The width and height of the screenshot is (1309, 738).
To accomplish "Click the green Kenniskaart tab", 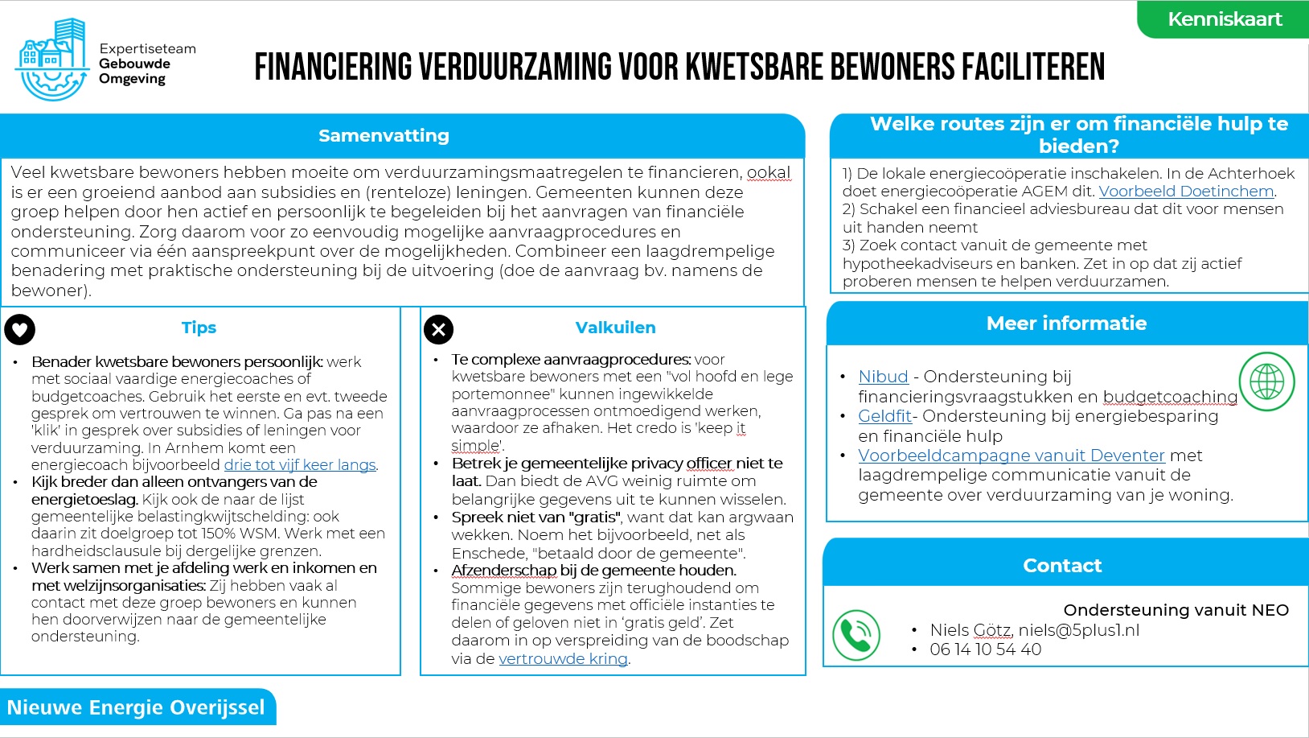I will pyautogui.click(x=1224, y=19).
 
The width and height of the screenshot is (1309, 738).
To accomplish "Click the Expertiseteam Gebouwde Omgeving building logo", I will pyautogui.click(x=52, y=61).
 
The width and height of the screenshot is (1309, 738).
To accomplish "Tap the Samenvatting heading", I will pyautogui.click(x=384, y=135).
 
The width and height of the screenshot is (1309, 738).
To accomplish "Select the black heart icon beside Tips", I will pyautogui.click(x=20, y=328).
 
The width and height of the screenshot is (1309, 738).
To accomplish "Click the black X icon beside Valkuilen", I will pyautogui.click(x=438, y=328).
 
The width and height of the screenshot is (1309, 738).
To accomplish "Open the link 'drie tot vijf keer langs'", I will pyautogui.click(x=300, y=465).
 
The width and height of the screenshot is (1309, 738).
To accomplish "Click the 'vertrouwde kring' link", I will pyautogui.click(x=563, y=659).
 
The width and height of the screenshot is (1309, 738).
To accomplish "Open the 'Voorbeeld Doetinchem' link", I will pyautogui.click(x=1186, y=192).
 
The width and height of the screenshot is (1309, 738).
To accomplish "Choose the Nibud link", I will pyautogui.click(x=883, y=377).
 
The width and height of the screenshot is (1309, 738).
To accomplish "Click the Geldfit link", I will pyautogui.click(x=884, y=416).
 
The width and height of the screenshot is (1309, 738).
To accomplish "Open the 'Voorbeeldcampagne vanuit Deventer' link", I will pyautogui.click(x=1011, y=456).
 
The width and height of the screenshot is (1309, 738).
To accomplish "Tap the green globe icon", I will pyautogui.click(x=1266, y=381).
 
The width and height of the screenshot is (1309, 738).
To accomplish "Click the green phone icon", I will pyautogui.click(x=856, y=635).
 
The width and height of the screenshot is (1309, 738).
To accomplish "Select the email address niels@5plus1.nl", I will pyautogui.click(x=1078, y=630).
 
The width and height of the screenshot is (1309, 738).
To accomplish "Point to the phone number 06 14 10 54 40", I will pyautogui.click(x=985, y=649).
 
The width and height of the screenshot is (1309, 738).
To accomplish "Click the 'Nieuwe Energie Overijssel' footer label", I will pyautogui.click(x=136, y=707).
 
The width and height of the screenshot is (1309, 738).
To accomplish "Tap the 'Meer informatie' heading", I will pyautogui.click(x=1066, y=324).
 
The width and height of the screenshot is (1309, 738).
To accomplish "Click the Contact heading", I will pyautogui.click(x=1062, y=566).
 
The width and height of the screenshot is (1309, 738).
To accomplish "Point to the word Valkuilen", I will pyautogui.click(x=615, y=328).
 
